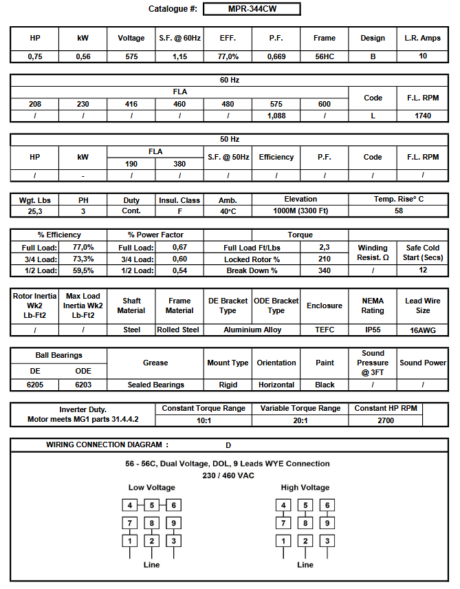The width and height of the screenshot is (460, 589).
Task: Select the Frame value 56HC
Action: [325, 56]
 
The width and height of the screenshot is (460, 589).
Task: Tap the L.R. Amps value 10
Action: [422, 56]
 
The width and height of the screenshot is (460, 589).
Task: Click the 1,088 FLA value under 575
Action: [276, 116]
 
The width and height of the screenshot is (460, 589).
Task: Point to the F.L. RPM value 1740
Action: [422, 116]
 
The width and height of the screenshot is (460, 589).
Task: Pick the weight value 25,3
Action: [35, 211]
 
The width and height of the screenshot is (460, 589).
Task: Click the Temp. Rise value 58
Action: [399, 211]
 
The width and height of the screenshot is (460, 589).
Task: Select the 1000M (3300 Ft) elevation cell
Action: [300, 211]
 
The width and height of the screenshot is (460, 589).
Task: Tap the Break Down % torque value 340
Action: [325, 270]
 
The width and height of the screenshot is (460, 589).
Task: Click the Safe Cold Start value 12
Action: [422, 270]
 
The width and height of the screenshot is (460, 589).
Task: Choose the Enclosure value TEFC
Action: [325, 330]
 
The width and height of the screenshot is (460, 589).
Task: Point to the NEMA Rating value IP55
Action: [373, 330]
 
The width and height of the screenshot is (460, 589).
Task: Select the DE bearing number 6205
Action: [35, 385]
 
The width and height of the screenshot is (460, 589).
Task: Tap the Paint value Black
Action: [325, 385]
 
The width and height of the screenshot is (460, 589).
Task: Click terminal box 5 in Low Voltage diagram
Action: [152, 506]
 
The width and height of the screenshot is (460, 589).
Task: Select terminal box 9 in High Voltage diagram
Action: [328, 523]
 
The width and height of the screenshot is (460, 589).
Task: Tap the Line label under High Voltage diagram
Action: [305, 565]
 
